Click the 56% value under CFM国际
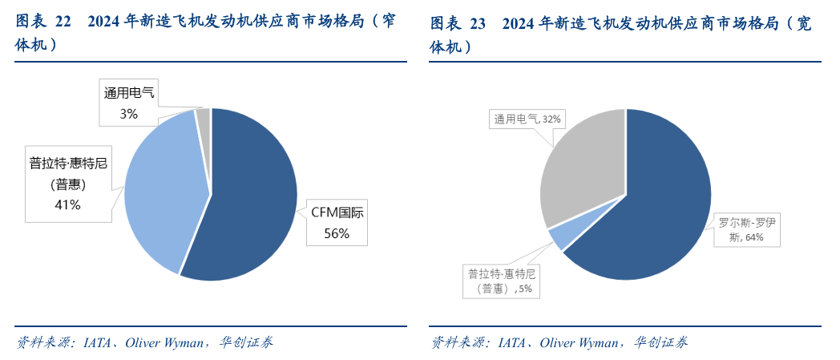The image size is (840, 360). (336, 233)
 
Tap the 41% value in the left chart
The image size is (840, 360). (67, 204)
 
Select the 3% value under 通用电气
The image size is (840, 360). (128, 114)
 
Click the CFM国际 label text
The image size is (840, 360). (337, 214)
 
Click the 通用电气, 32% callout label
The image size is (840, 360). (527, 119)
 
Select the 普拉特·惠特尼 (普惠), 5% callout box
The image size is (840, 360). (500, 281)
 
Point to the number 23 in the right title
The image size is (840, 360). (478, 24)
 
